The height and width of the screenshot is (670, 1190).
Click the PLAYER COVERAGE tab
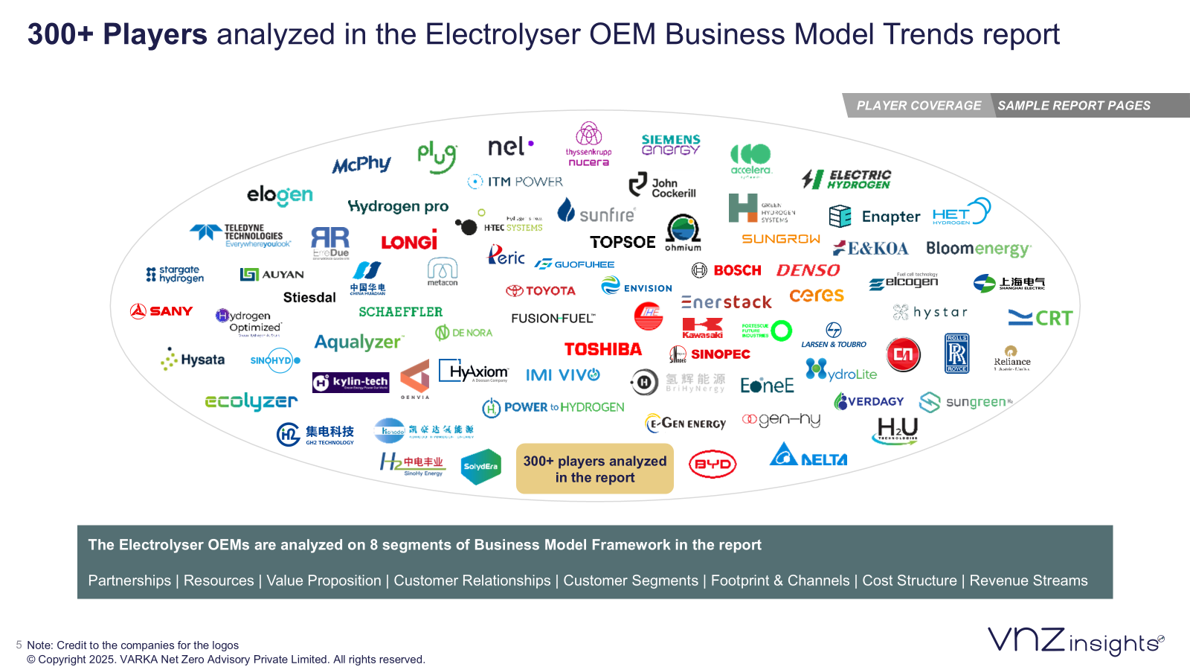point(919,106)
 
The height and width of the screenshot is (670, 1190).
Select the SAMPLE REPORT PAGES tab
point(1073,106)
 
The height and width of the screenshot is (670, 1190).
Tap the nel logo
point(510,147)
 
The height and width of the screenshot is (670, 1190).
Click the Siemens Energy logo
point(670,144)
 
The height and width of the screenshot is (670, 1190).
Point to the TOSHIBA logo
point(602,349)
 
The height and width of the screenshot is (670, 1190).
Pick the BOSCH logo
point(727,270)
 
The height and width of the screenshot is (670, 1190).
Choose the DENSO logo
point(808,270)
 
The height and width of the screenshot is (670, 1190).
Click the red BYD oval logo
point(712,464)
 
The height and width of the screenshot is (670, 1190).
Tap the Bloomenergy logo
point(978,249)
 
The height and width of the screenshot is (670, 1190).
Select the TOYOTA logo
point(541,290)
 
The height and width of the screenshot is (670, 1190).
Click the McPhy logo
point(361,164)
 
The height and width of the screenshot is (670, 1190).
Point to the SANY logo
point(161,311)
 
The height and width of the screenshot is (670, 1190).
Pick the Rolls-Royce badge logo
point(956,353)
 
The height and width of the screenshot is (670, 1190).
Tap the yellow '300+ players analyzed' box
point(595,469)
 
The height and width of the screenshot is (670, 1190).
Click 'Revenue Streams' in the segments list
point(1028,581)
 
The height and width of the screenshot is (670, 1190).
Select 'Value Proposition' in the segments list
point(324,581)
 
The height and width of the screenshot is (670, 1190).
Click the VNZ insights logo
point(1075,641)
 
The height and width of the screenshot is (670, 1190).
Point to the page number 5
point(19,645)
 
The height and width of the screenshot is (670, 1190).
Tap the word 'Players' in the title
point(155,34)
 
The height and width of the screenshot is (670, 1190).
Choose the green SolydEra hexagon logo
point(480,467)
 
